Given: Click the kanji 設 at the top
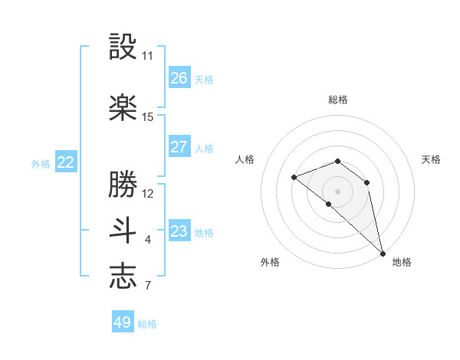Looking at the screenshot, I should pos(123,47).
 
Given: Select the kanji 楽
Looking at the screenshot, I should pos(123,108).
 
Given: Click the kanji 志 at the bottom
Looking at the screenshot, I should pos(123,277).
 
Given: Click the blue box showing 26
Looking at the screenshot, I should pos(179,78).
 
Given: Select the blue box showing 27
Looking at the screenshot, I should pos(179,147).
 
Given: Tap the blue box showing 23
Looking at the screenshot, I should pos(179,231).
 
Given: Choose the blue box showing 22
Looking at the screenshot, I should pos(66,162).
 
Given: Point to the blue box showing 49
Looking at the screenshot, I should pos(123,322).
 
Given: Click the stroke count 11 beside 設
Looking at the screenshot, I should pos(147,56).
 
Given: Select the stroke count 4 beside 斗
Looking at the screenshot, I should pos(147,240).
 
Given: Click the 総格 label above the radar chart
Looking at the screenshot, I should pos(338,100).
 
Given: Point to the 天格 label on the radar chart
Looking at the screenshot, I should pos(431,159).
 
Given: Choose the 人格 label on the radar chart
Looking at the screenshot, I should pos(245,159).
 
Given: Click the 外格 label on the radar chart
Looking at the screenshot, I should pos(270,262).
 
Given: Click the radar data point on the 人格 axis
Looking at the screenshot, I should pos(294,178).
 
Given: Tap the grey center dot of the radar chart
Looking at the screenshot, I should pos(338,191).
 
